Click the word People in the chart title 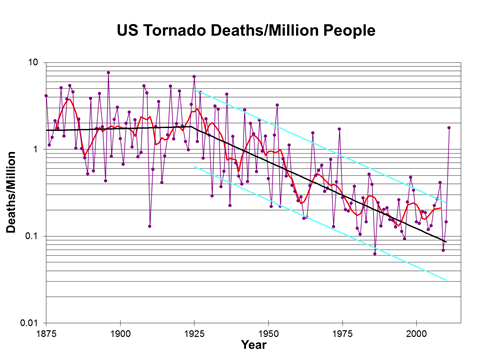tap(343, 31)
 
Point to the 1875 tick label tap(46, 332)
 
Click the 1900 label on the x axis tap(120, 332)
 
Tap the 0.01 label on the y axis tap(28, 324)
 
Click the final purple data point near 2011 tap(449, 128)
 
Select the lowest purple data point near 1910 tap(150, 226)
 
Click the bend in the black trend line tap(191, 126)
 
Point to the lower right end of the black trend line tap(446, 241)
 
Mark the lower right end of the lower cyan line tap(446, 281)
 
